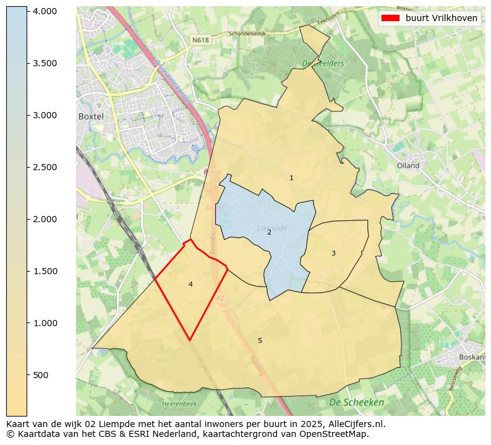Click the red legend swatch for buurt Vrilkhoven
[391, 18]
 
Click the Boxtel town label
[90, 116]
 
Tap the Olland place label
[408, 165]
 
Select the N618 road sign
[200, 40]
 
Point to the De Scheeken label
[356, 402]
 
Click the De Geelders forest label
[323, 63]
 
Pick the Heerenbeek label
[179, 404]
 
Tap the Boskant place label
[472, 357]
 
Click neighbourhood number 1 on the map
[291, 178]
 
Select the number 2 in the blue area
[269, 232]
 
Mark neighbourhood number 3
[333, 253]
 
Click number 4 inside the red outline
[190, 284]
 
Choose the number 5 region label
[260, 340]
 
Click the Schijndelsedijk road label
[247, 34]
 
